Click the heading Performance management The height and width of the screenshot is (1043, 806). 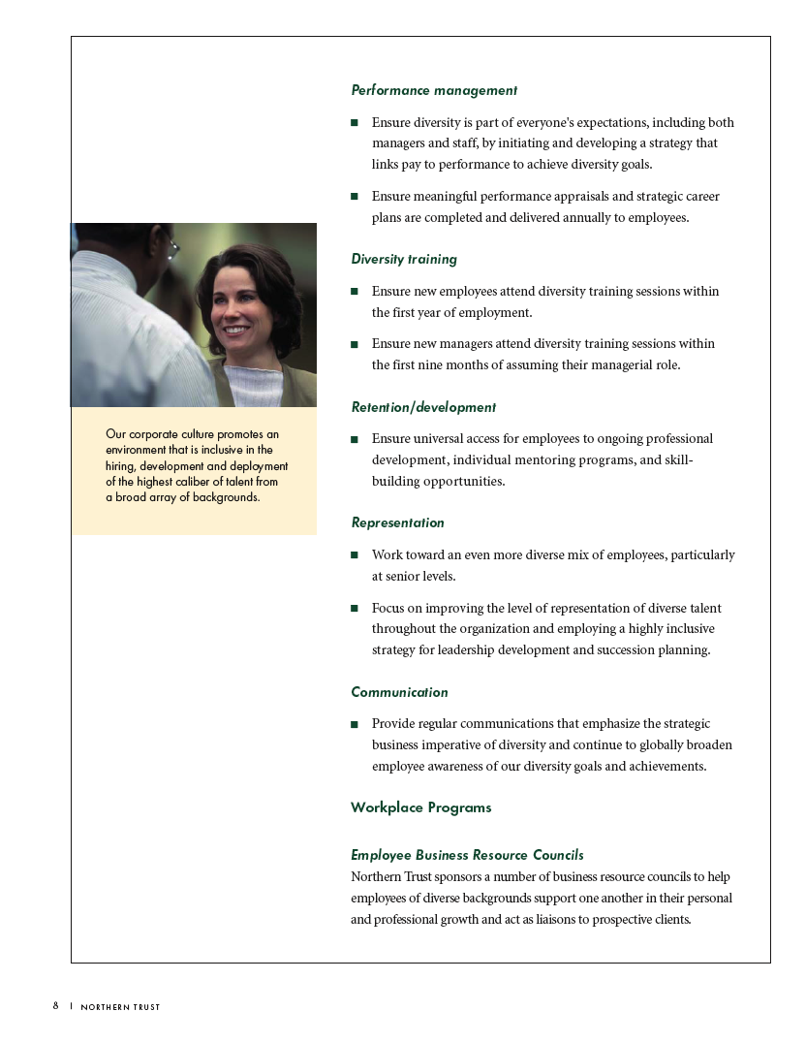point(433,90)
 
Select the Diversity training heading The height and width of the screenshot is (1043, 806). point(403,260)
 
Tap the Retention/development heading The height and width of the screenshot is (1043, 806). point(422,407)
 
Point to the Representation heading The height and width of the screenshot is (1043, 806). point(397,522)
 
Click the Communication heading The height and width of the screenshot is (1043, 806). point(399,692)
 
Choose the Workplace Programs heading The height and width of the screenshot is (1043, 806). point(420,807)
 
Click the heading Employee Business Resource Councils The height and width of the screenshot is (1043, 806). point(467,855)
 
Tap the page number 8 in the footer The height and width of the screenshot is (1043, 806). point(56,1006)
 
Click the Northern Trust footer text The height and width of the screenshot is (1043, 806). point(120,1007)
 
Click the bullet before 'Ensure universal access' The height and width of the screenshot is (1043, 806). point(355,439)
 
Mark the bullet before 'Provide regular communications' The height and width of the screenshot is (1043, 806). point(355,724)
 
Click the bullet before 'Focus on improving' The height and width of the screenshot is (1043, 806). point(355,609)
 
